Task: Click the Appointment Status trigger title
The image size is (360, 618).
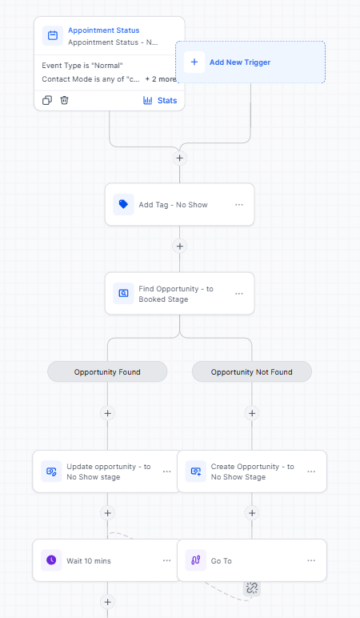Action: click(x=103, y=30)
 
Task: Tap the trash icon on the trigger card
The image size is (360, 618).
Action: click(x=64, y=100)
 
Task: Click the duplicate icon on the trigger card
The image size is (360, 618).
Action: click(x=47, y=100)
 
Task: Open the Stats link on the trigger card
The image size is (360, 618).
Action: click(x=160, y=101)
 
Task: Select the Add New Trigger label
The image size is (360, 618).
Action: click(x=240, y=62)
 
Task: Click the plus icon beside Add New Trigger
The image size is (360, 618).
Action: click(x=194, y=62)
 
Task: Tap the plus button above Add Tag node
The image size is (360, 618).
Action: click(x=180, y=158)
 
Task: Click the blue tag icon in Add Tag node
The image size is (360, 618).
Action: click(x=123, y=205)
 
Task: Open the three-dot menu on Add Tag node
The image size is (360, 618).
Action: click(x=239, y=205)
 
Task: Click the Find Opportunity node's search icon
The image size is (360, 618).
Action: click(x=123, y=294)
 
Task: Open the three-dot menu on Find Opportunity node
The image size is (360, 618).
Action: click(x=239, y=294)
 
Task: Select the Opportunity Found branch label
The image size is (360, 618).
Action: click(x=107, y=371)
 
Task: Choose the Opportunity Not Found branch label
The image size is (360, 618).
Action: click(x=252, y=371)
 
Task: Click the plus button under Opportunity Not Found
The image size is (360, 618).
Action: click(x=252, y=413)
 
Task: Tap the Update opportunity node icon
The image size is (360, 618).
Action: click(x=51, y=472)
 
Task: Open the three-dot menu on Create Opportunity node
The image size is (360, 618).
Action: click(x=311, y=472)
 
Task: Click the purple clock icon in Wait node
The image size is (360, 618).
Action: click(x=51, y=560)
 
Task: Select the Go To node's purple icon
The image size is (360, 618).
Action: click(x=196, y=560)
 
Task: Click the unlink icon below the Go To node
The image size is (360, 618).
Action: click(x=252, y=588)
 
